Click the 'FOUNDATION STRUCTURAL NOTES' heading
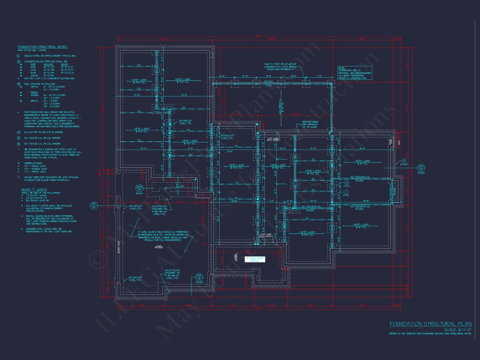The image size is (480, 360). point(42,47)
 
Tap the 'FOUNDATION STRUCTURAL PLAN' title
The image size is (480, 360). point(430,324)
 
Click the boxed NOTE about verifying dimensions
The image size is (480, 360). point(354,73)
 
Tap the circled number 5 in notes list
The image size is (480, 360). point(18,138)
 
